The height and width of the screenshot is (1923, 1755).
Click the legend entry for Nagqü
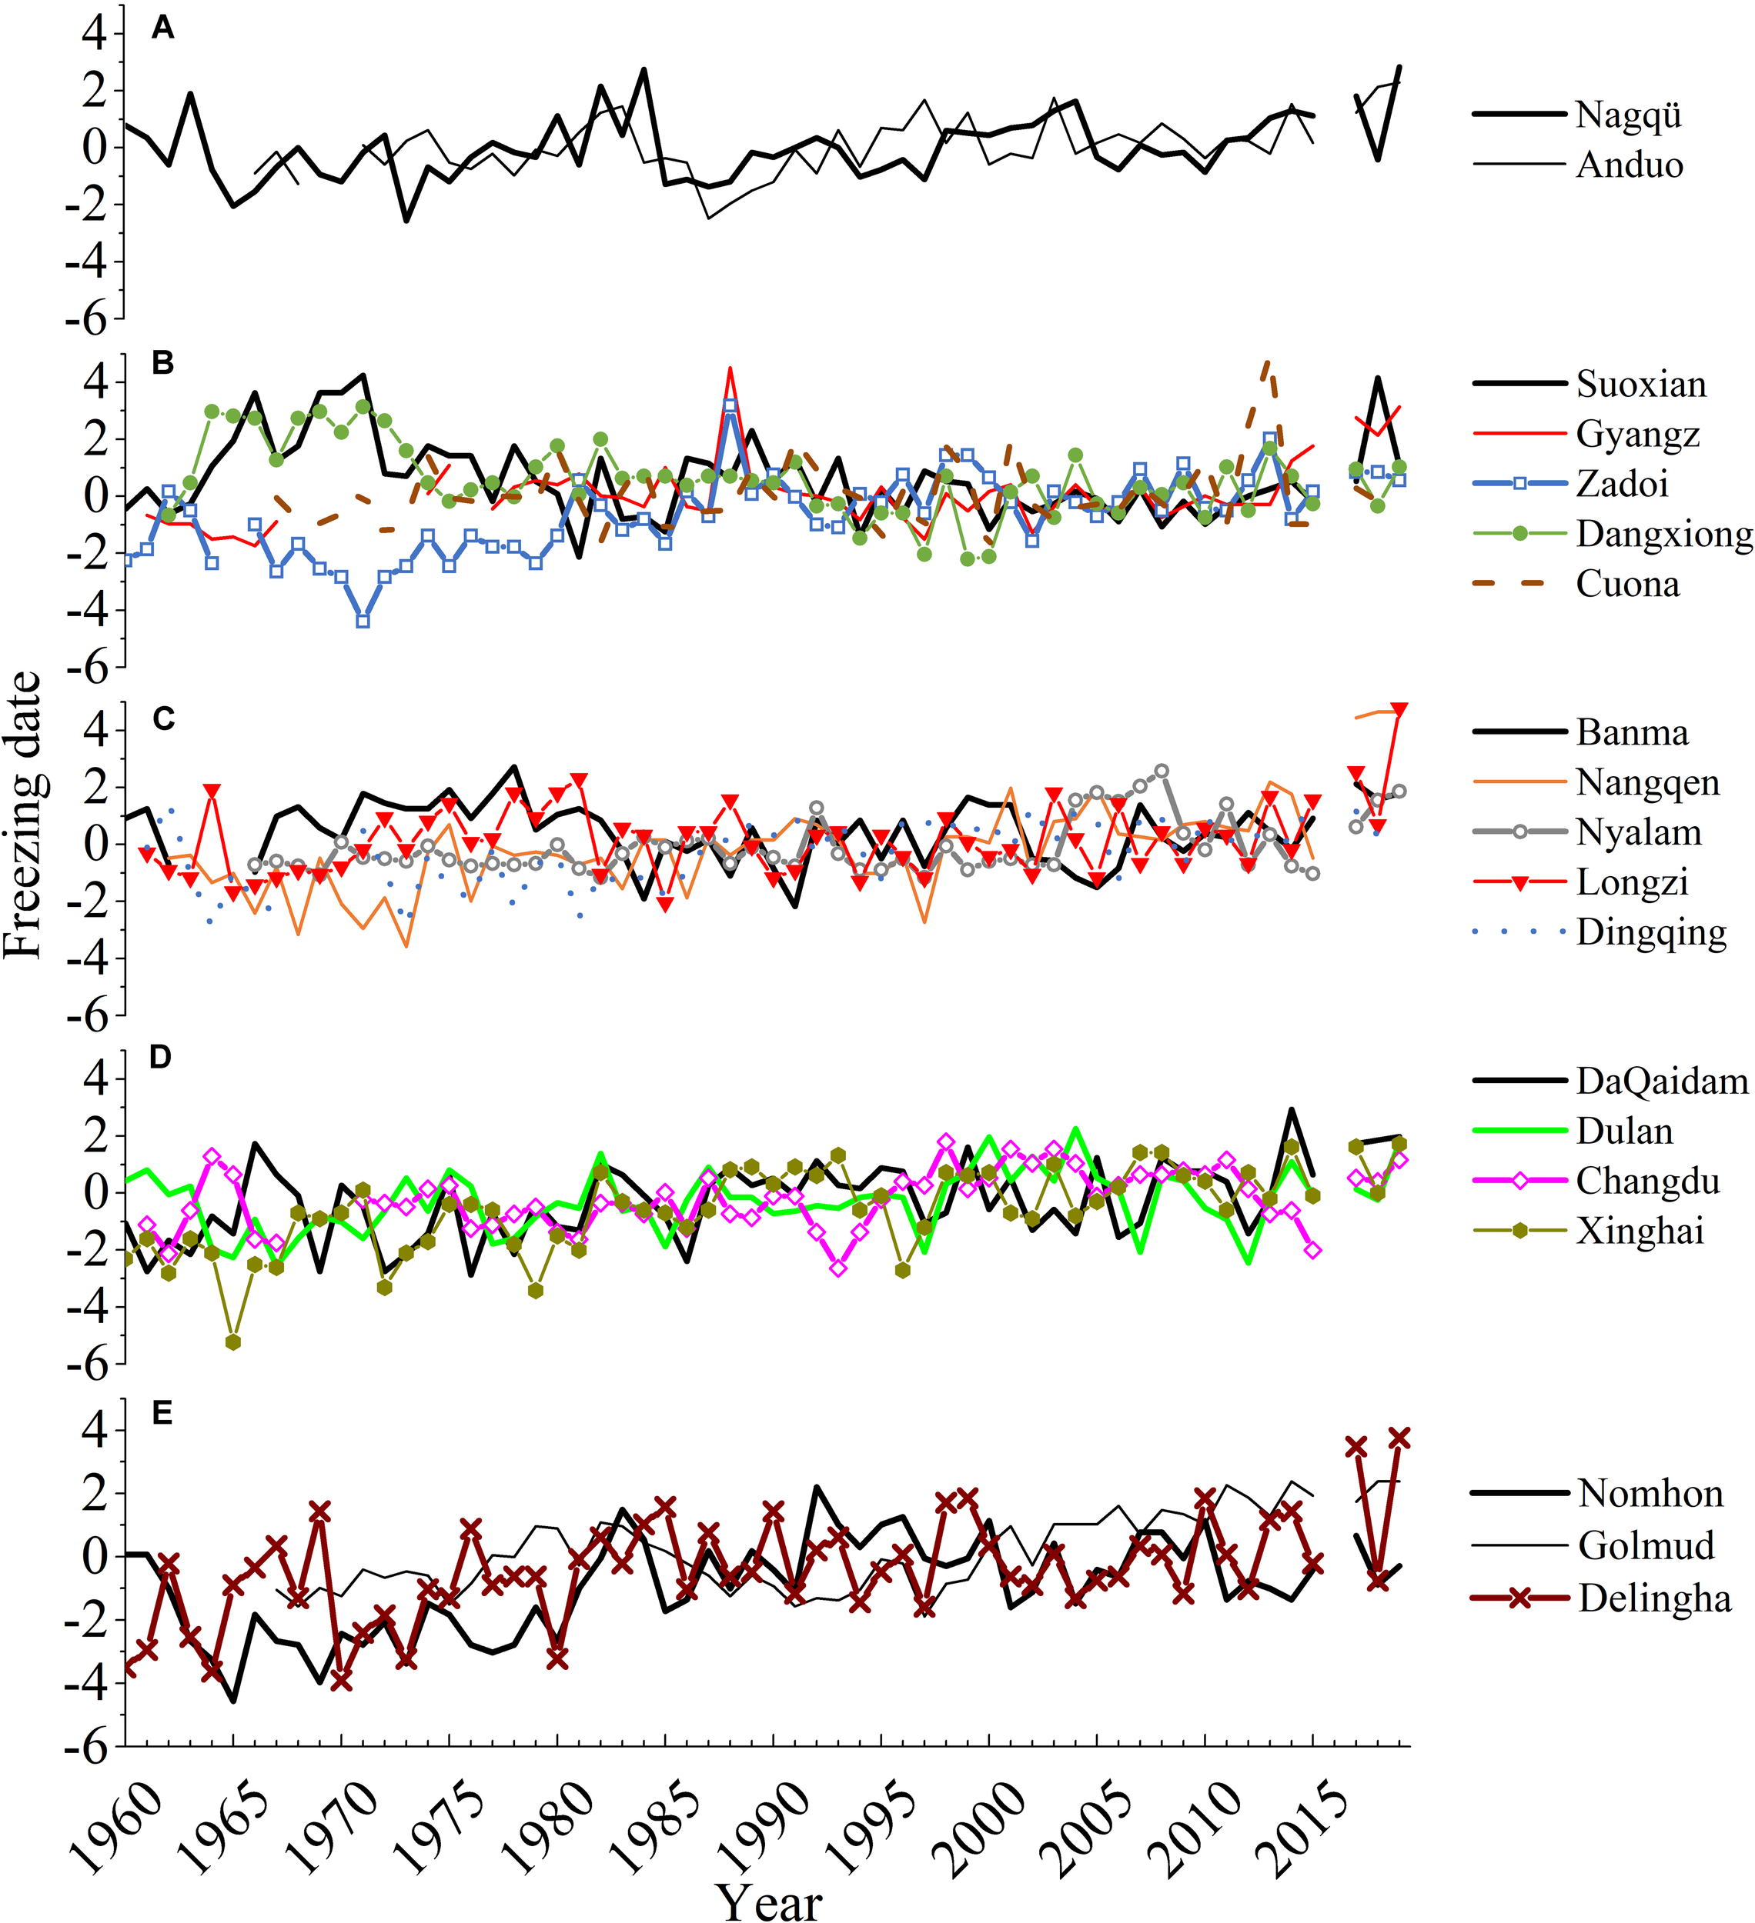pos(1628,115)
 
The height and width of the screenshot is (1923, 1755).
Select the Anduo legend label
pos(1629,165)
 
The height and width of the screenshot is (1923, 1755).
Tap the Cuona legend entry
pos(1627,584)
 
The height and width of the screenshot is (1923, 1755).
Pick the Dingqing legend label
pos(1651,932)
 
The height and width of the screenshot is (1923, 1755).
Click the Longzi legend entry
pos(1632,882)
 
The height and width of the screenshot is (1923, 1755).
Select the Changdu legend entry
pos(1647,1181)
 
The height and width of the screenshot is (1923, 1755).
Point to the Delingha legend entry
pos(1654,1598)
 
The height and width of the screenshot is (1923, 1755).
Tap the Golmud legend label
pos(1646,1545)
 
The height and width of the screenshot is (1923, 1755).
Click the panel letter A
pos(163,29)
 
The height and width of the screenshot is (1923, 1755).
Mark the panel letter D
pos(162,1057)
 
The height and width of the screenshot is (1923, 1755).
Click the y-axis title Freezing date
pos(23,815)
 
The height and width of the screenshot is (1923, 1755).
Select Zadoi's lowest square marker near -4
pos(363,620)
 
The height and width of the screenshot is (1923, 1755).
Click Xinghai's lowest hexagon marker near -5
pos(233,1342)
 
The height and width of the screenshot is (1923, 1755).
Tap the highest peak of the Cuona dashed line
pos(1266,365)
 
